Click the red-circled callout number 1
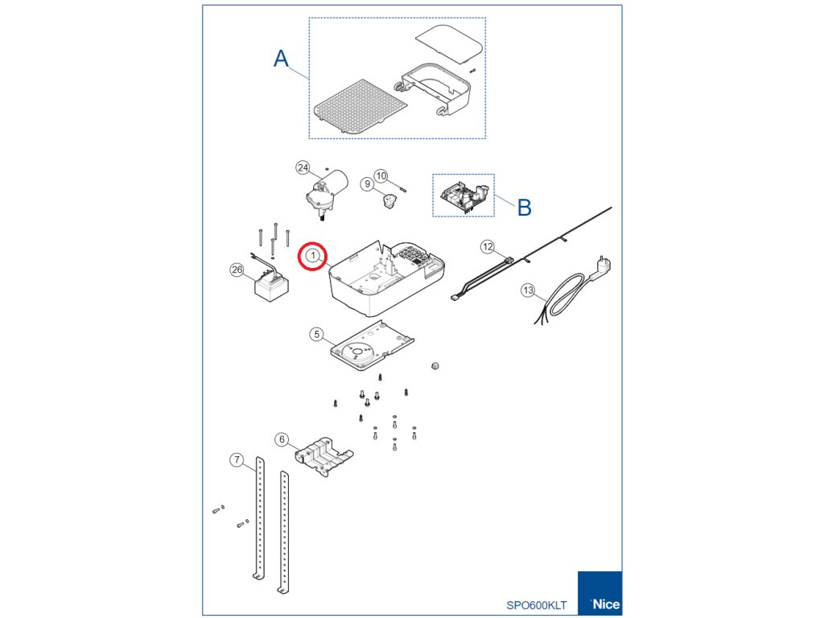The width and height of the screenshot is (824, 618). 313,256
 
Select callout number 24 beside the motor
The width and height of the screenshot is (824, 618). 303,167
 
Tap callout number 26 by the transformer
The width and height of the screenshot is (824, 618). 237,270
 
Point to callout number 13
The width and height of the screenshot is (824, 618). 528,290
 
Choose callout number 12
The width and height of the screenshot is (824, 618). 488,246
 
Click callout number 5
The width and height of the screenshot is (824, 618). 316,334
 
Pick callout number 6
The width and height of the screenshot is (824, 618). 282,439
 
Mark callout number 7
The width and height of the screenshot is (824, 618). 237,459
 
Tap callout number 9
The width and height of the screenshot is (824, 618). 367,184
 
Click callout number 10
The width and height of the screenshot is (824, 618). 381,175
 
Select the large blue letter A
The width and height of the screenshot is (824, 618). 281,58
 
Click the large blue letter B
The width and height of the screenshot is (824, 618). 524,208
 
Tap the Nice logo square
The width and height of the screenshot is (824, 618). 599,593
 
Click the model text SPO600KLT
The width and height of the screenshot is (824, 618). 537,605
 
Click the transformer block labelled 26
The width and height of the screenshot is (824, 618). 271,286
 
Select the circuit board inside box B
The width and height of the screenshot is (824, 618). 463,196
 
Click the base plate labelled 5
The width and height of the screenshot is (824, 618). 371,347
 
